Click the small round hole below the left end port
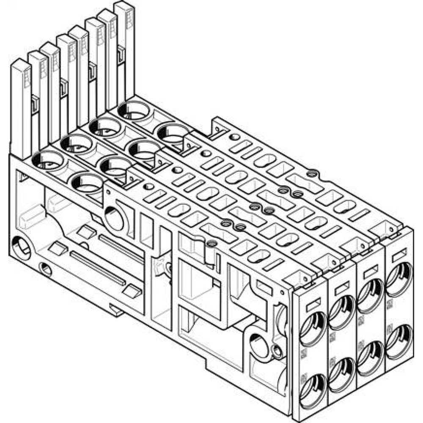(x=45, y=269)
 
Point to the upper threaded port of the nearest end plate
(x=312, y=330)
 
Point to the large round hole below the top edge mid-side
(x=114, y=218)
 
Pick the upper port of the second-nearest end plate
(x=341, y=313)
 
